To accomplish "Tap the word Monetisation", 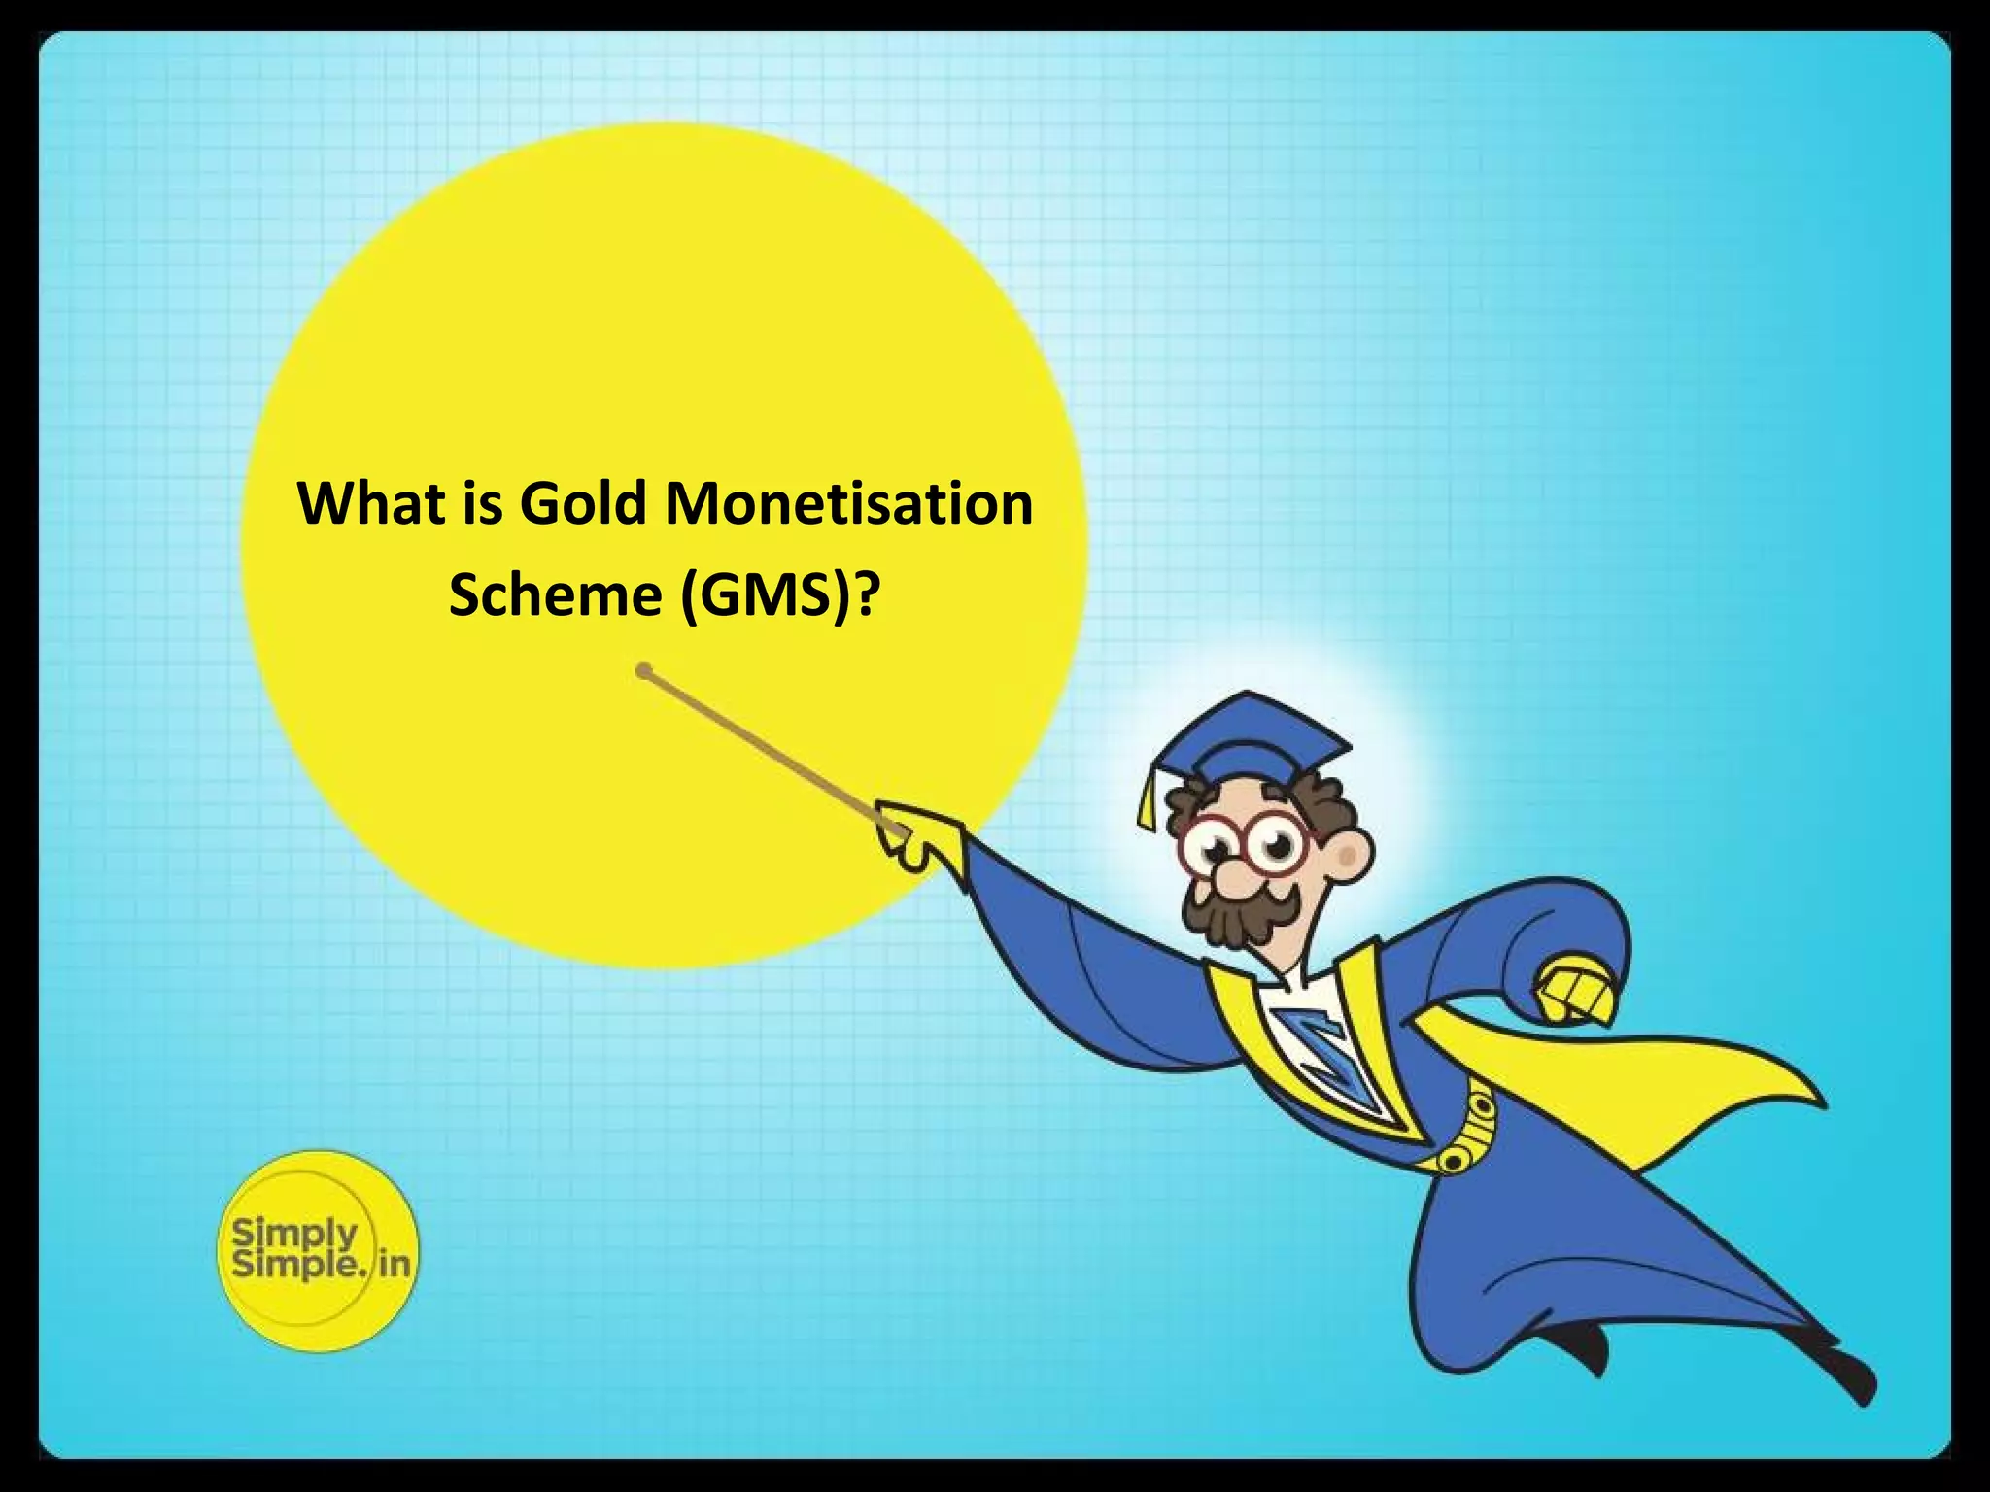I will (849, 504).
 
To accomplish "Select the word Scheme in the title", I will (555, 593).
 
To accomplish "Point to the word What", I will (372, 504).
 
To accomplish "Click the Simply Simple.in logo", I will (318, 1250).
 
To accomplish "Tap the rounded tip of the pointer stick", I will (643, 670).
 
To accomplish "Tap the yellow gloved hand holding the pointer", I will (909, 836).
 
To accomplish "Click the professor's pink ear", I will (1348, 854).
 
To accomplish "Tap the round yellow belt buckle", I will (1455, 1159).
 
